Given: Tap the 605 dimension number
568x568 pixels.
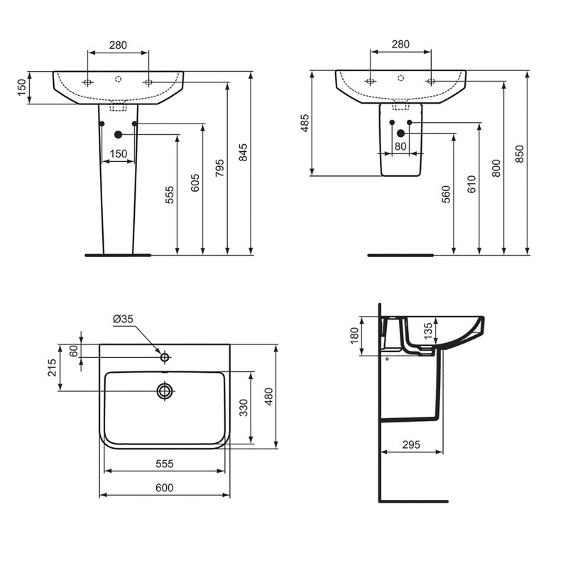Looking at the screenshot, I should pyautogui.click(x=195, y=182).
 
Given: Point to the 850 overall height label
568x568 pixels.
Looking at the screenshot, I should pyautogui.click(x=519, y=155).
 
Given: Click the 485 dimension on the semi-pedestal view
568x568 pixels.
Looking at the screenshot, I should pyautogui.click(x=305, y=124).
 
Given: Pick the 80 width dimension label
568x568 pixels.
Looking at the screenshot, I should pyautogui.click(x=400, y=146).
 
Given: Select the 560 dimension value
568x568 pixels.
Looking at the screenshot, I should pyautogui.click(x=446, y=195).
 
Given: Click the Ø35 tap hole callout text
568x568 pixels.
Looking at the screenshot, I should pyautogui.click(x=123, y=319).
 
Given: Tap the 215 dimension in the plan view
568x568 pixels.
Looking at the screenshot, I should pyautogui.click(x=53, y=368).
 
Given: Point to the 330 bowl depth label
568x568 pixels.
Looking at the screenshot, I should pyautogui.click(x=244, y=408).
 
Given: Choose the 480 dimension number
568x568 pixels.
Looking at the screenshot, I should pyautogui.click(x=268, y=395).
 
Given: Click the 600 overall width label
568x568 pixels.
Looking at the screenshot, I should pyautogui.click(x=165, y=488).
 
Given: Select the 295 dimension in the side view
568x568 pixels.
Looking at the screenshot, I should pyautogui.click(x=410, y=444).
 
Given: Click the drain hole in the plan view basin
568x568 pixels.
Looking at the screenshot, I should pyautogui.click(x=165, y=390).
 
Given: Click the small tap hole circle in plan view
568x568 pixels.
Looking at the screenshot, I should pyautogui.click(x=165, y=357).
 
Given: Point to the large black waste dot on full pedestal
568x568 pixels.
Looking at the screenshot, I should pyautogui.click(x=118, y=134).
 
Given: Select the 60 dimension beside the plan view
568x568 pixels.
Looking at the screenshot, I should pyautogui.click(x=72, y=350).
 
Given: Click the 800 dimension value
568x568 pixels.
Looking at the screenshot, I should pyautogui.click(x=496, y=168).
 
